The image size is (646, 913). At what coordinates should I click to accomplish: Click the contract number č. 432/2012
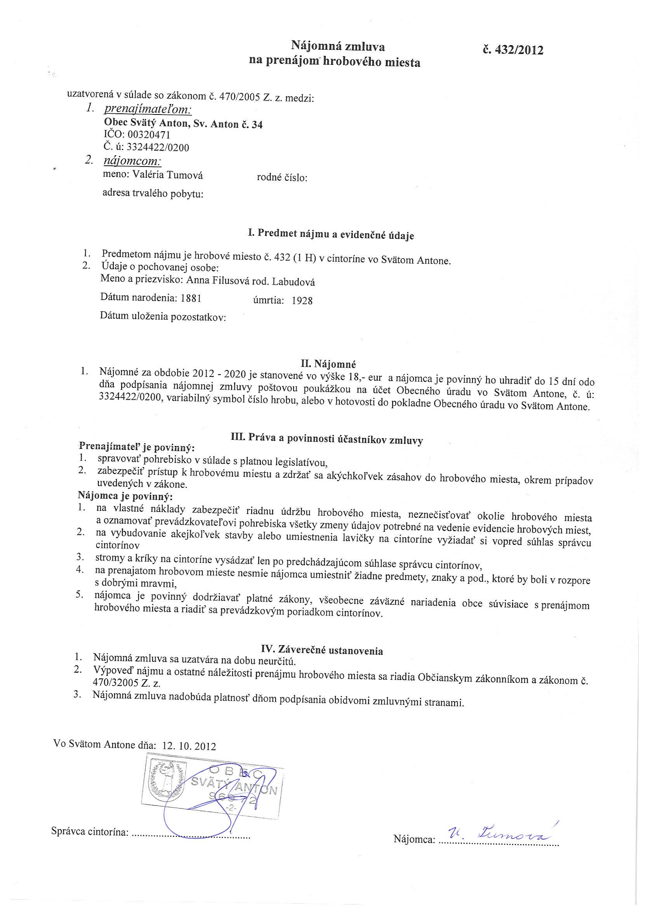pos(512,50)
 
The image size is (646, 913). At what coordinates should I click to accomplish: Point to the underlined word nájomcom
pos(132,161)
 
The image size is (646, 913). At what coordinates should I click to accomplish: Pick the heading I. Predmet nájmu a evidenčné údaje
pos(330,234)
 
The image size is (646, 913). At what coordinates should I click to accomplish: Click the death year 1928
pos(302,300)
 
